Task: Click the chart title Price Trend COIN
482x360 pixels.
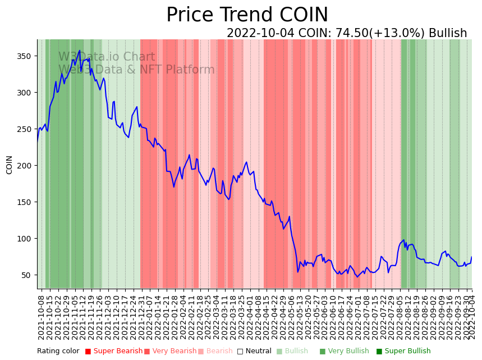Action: (x=247, y=15)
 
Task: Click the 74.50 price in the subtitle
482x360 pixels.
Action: (x=351, y=33)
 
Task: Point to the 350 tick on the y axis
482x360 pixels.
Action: (x=26, y=56)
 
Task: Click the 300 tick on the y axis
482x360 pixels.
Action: (x=26, y=93)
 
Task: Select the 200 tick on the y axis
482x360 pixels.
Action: (x=26, y=166)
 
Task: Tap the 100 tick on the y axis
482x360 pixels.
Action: (x=26, y=239)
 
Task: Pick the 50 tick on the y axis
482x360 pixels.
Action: (x=28, y=275)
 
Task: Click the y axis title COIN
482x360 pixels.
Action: (x=10, y=165)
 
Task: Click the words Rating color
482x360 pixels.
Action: (x=58, y=352)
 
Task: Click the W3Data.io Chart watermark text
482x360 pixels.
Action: (x=107, y=57)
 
